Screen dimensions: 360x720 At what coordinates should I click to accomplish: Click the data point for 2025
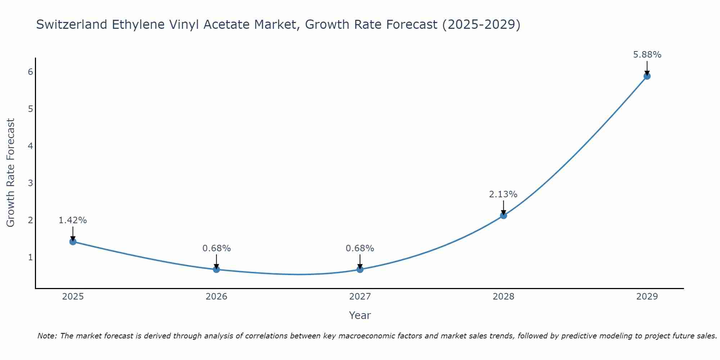click(x=73, y=242)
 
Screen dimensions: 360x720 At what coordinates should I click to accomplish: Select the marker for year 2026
click(x=216, y=269)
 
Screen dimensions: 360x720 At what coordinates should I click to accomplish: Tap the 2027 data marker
click(x=360, y=269)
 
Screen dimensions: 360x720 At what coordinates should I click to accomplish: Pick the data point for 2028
click(x=504, y=215)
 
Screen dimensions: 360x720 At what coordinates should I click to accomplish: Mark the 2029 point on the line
click(x=647, y=76)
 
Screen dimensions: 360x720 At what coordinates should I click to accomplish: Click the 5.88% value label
click(x=647, y=55)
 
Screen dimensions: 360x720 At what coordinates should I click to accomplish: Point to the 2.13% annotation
click(x=503, y=194)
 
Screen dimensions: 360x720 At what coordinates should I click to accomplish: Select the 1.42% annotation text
click(x=73, y=220)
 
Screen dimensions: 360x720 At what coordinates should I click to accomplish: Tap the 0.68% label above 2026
click(x=216, y=248)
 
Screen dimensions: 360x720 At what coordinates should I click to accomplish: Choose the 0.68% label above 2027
click(x=360, y=248)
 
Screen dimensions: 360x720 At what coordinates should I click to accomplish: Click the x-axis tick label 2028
click(x=503, y=297)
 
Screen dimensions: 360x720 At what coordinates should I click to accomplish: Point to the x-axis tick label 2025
click(x=73, y=297)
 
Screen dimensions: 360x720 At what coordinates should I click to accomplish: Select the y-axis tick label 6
click(x=31, y=72)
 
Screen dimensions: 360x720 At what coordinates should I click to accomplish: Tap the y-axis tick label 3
click(x=31, y=183)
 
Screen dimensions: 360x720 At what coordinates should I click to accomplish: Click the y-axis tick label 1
click(x=31, y=257)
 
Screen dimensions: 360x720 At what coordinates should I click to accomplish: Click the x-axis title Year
click(x=360, y=315)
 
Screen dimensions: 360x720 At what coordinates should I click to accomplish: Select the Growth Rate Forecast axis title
click(x=11, y=173)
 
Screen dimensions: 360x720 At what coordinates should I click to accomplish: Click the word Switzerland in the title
click(x=72, y=24)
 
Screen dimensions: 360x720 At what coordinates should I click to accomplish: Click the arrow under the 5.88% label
click(x=647, y=68)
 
